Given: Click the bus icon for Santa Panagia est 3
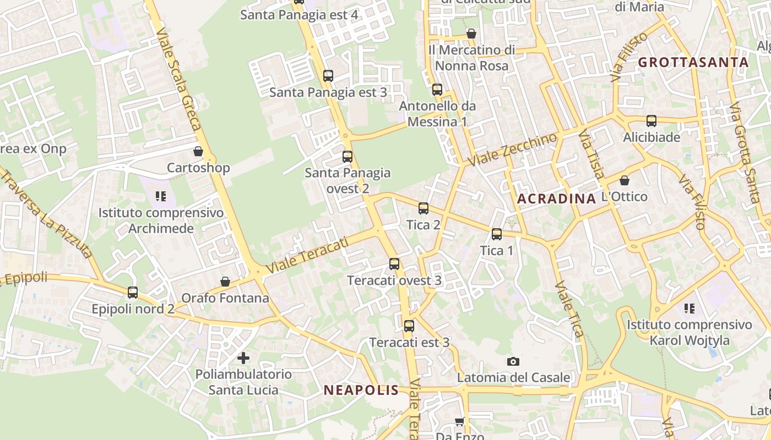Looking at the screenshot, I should (x=328, y=76).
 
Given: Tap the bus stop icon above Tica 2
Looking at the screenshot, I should (x=423, y=208).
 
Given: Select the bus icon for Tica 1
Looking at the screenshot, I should (x=497, y=234).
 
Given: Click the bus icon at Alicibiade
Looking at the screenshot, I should (x=651, y=121).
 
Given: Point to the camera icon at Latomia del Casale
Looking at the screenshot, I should (x=513, y=361).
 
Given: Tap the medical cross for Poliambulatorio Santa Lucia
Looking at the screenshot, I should (x=243, y=358).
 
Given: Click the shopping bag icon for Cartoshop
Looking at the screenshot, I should (x=198, y=151).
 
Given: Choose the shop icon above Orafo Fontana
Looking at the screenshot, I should (x=225, y=282).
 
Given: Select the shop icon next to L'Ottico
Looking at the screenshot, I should (x=625, y=180).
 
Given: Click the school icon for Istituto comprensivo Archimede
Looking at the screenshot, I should (x=161, y=196).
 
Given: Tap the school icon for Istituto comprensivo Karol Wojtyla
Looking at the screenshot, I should (x=689, y=308).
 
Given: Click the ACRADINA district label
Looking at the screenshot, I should (x=557, y=199).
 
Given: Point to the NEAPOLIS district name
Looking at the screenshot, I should (x=361, y=391).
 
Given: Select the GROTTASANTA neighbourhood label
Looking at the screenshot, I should (x=693, y=62).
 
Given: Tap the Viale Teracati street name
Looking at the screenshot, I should (x=308, y=256).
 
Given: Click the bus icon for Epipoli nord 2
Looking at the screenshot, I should (x=133, y=293).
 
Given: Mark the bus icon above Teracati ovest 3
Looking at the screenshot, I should (x=394, y=264).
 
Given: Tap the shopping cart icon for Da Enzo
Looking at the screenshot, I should (x=459, y=422).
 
